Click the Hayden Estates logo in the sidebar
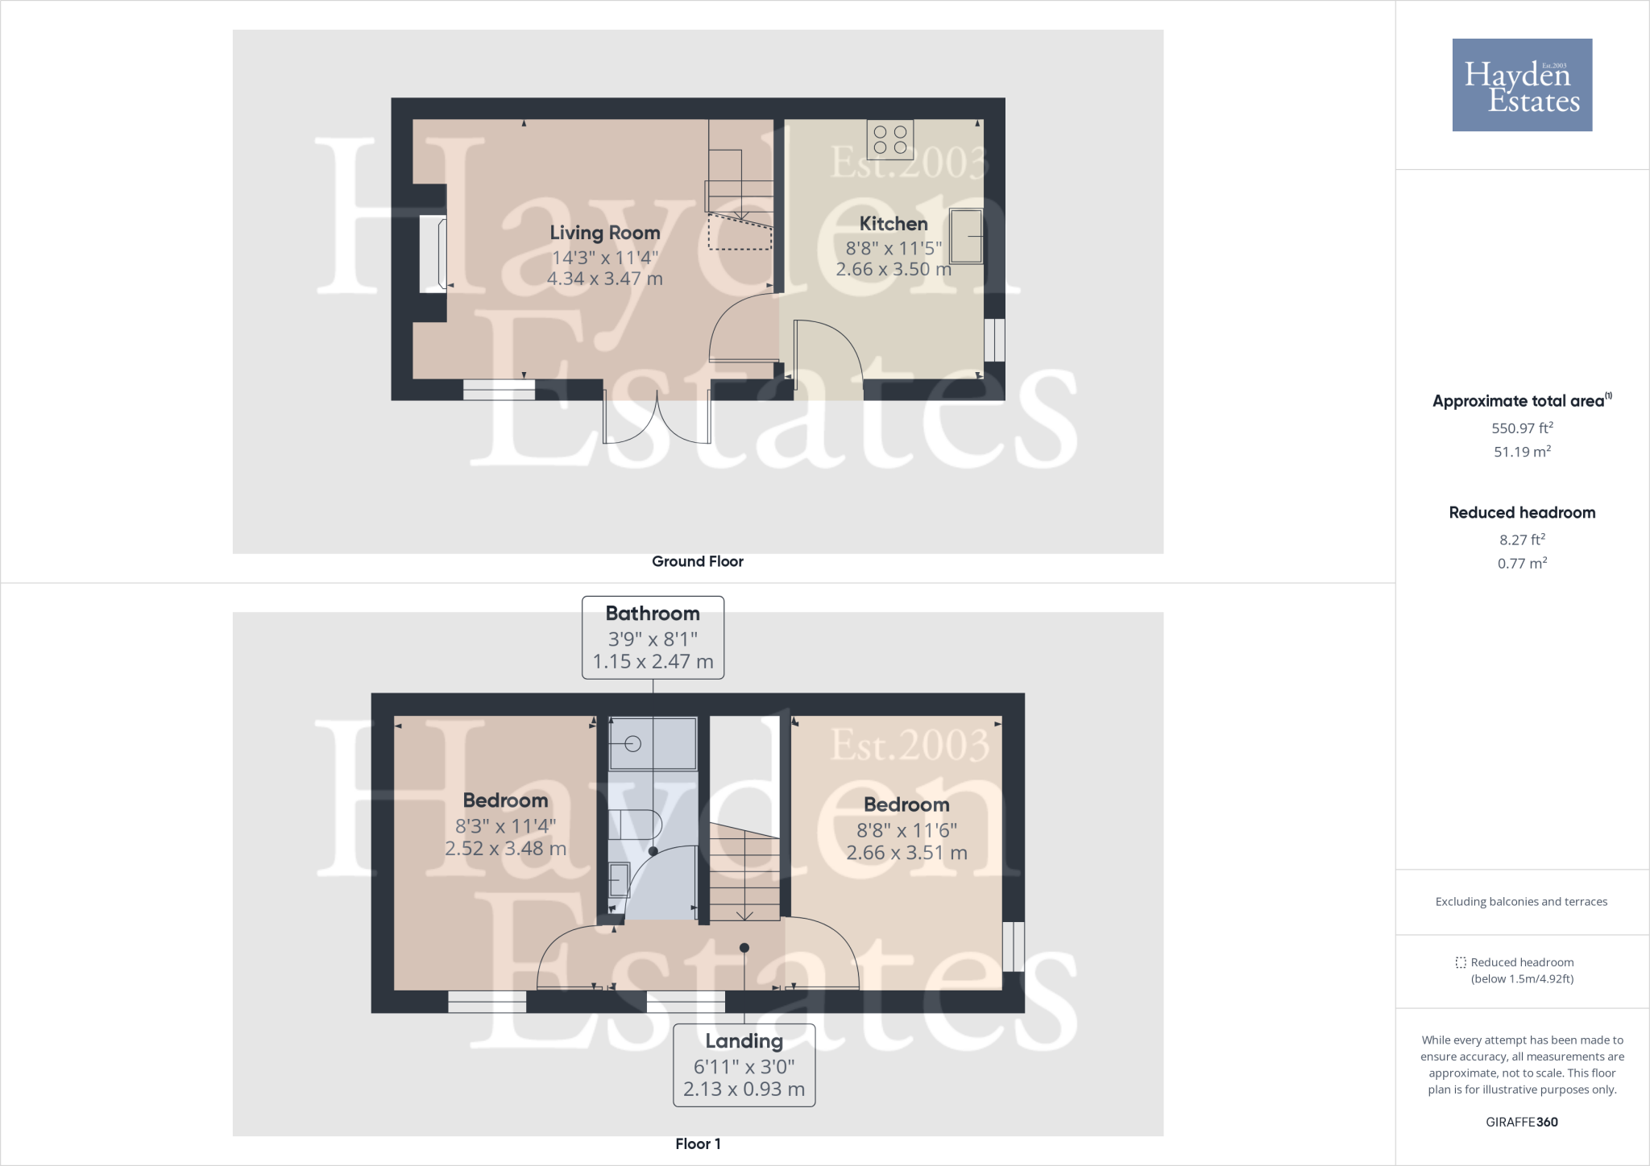[1522, 85]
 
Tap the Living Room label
[605, 233]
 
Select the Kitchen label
[893, 224]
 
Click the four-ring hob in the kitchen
[890, 139]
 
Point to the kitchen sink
[966, 236]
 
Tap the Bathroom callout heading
[653, 614]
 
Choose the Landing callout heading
[744, 1041]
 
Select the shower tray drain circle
[633, 744]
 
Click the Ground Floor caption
[698, 561]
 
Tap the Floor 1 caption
[698, 1143]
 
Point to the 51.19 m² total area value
[1522, 452]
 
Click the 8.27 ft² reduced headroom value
[1522, 540]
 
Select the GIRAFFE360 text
[1522, 1122]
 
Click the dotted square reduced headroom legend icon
[1461, 962]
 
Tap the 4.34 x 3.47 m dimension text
[605, 279]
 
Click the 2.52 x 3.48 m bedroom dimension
[506, 849]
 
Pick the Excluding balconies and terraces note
[1521, 902]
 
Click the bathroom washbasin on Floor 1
[619, 879]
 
